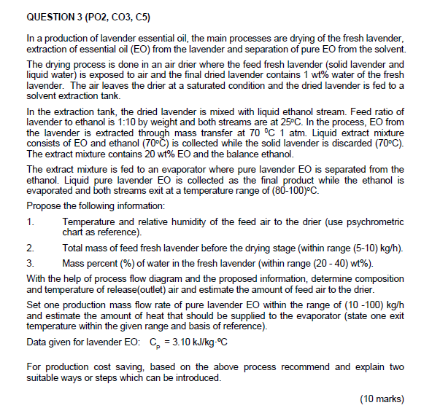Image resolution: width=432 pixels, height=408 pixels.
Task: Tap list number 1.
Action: (x=29, y=219)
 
